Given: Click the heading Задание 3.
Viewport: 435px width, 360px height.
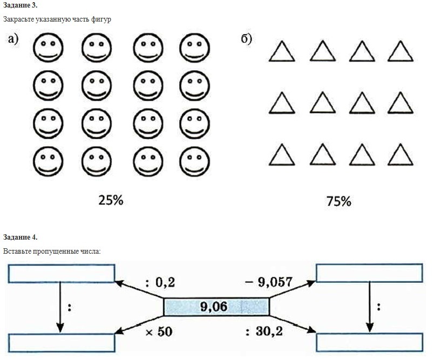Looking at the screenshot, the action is click(20, 5).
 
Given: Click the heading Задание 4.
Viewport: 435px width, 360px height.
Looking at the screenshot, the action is click(20, 237).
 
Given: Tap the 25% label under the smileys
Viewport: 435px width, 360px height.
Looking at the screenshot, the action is click(111, 200).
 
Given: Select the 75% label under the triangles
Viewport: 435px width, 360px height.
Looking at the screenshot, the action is click(339, 201).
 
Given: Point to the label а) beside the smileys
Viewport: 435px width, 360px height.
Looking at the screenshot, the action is click(13, 39).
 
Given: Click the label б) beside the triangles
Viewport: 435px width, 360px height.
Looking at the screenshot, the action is click(246, 39).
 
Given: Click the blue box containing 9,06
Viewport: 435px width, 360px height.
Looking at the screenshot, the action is click(216, 307).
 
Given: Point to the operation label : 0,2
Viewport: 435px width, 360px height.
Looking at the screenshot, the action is click(160, 283).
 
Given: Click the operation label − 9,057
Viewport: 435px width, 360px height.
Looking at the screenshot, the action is click(268, 282).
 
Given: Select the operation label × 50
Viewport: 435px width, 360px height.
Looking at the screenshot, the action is click(159, 332).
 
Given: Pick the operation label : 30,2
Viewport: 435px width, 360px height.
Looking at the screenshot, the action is click(264, 331).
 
